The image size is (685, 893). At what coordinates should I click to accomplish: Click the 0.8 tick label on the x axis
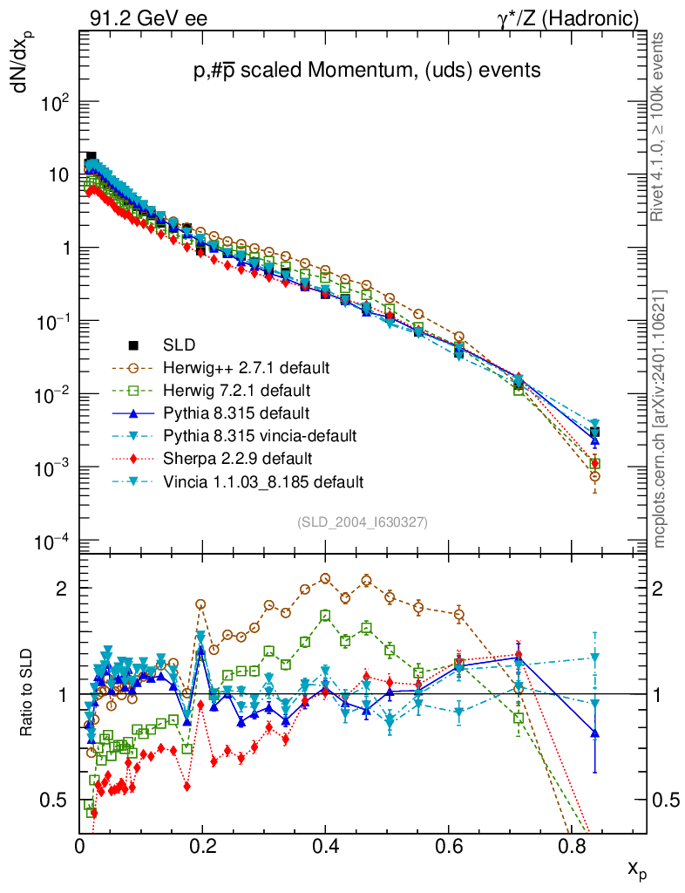pos(571,845)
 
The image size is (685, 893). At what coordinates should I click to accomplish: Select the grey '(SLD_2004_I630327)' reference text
pos(362,522)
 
